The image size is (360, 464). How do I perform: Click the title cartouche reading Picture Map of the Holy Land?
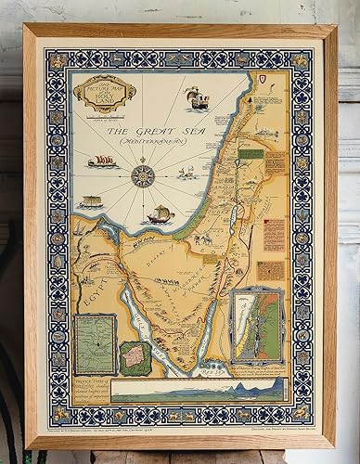coord(103,93)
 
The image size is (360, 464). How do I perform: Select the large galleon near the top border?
coord(195,97)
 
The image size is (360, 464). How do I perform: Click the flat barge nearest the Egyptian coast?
coord(91,200)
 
